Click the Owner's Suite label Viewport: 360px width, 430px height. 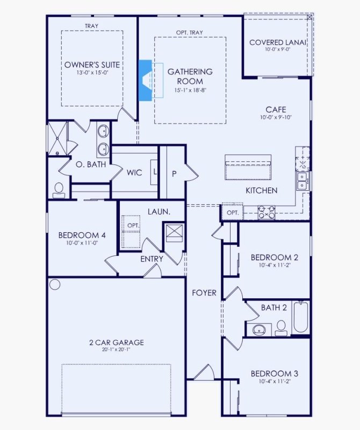point(92,65)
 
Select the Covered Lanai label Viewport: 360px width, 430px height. point(277,42)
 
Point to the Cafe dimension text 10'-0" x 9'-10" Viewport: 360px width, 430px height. point(275,118)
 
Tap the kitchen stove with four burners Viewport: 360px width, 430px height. point(267,213)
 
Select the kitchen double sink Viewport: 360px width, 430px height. point(303,181)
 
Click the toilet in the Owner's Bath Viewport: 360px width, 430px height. point(59,189)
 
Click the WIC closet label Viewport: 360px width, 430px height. point(134,173)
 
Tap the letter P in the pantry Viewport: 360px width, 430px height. point(174,173)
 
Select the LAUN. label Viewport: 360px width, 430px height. point(160,212)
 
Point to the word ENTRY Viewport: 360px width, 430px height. point(152,259)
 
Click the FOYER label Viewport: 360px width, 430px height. point(205,293)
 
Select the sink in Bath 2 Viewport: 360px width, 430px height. point(259,329)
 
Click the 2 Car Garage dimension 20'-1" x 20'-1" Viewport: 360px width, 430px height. point(116,350)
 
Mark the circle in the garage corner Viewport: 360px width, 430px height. point(55,284)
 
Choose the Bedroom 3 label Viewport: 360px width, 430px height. point(275,374)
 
